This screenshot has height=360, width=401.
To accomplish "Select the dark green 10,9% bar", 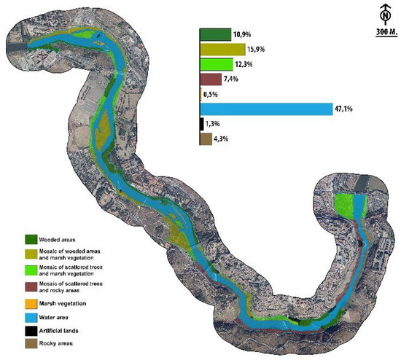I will coord(215,35).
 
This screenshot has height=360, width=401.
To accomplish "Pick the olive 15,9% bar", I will coord(222,50).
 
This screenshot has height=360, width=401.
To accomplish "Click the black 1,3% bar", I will coord(202,125).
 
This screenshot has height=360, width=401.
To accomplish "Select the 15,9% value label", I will coord(257,50).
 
